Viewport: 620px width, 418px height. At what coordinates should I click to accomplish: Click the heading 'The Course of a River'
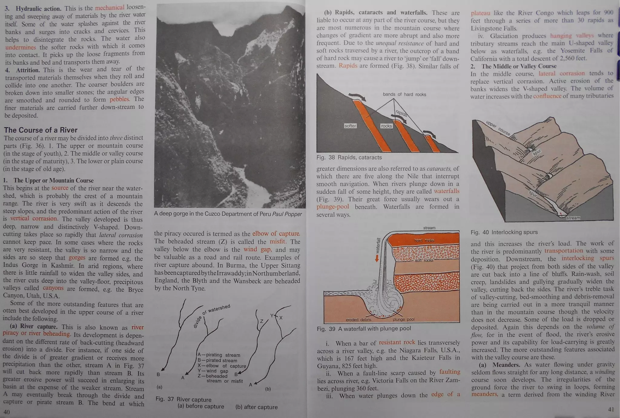pos(41,130)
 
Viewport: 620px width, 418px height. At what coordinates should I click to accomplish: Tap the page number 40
pos(6,412)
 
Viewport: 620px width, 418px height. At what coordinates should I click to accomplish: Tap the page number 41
pos(611,409)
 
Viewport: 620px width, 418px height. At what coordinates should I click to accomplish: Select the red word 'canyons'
pos(53,288)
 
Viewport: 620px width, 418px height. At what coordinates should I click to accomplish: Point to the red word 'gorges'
pos(77,258)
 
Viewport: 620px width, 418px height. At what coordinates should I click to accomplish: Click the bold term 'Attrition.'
pos(28,70)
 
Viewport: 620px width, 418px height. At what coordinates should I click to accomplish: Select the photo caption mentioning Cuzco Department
pos(228,214)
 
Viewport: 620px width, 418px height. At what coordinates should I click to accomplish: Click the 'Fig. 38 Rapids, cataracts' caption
pos(349,158)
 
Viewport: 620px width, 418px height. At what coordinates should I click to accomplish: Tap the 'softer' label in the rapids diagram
pos(350,126)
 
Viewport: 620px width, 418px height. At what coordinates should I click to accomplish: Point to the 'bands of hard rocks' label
pos(404,94)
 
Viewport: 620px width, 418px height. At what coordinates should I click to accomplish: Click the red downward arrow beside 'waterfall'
pos(377,258)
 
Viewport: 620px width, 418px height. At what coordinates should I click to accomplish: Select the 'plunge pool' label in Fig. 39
pos(404,319)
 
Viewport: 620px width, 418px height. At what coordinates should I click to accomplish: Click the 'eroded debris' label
pos(358,320)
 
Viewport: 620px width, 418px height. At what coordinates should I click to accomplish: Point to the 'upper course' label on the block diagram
pos(498,128)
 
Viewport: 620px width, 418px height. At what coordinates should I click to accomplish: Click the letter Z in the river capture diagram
pos(262,321)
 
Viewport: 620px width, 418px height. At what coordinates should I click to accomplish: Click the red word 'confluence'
pos(547,96)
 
